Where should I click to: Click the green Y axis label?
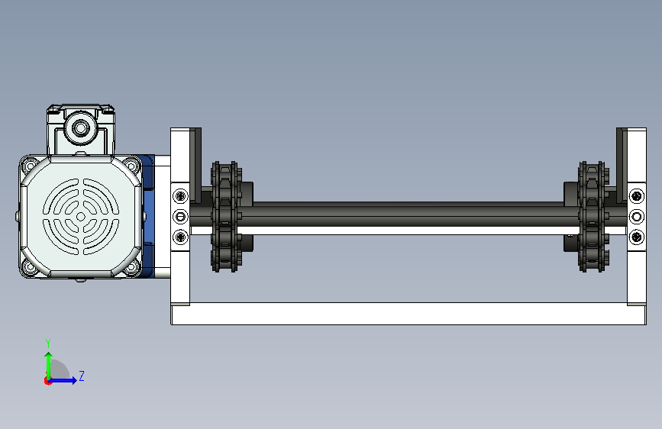click(x=48, y=343)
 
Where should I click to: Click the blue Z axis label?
click(x=82, y=376)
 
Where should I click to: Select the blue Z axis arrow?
click(x=63, y=380)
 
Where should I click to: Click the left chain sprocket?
click(x=226, y=217)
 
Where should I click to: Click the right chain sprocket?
click(x=593, y=217)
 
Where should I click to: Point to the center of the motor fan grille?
click(x=81, y=217)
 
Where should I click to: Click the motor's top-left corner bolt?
click(x=29, y=165)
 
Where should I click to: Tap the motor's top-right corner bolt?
click(x=132, y=165)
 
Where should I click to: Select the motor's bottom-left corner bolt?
click(x=29, y=267)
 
